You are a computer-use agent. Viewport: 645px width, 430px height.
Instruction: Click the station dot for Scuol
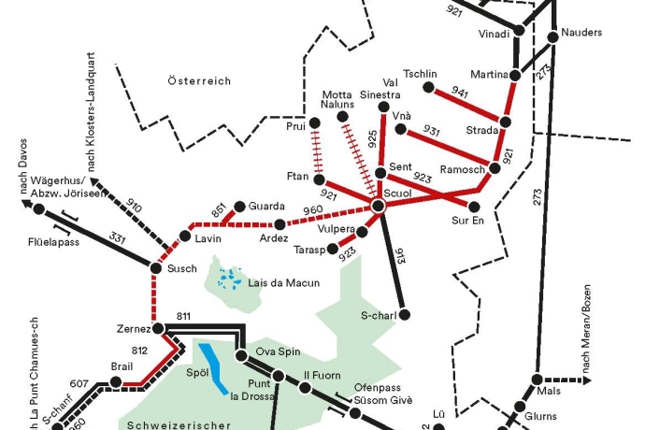(378, 206)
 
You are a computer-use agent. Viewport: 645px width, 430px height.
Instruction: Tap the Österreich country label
(199, 82)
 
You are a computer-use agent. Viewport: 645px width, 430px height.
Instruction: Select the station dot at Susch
(156, 268)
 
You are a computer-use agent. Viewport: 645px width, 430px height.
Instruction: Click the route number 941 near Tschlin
(459, 93)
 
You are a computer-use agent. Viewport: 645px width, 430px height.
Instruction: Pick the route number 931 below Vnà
(431, 130)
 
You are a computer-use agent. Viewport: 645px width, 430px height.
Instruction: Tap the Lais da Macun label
(284, 283)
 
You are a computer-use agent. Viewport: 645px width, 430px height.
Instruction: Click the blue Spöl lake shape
(214, 367)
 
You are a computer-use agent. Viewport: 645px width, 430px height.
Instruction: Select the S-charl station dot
(404, 311)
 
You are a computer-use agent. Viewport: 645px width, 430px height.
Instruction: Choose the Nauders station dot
(553, 35)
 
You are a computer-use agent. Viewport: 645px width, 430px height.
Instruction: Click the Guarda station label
(265, 206)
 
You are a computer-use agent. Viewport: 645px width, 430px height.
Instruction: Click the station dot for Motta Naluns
(341, 117)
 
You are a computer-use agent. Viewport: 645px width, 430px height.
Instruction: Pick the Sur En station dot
(474, 208)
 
